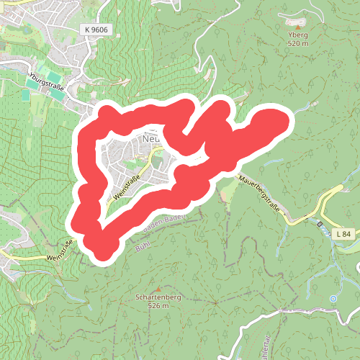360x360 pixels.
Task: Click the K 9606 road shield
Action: [96, 29]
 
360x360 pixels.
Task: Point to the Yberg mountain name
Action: [296, 35]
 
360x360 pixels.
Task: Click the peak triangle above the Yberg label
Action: [297, 24]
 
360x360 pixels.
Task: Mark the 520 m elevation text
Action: [296, 43]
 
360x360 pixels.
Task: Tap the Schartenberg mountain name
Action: [157, 297]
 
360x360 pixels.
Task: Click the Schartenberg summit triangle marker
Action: [158, 288]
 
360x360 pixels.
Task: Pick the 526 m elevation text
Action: [158, 306]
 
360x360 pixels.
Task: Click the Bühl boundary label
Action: [143, 247]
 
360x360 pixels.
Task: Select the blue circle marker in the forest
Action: [333, 297]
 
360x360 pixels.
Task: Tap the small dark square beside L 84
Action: [320, 224]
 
